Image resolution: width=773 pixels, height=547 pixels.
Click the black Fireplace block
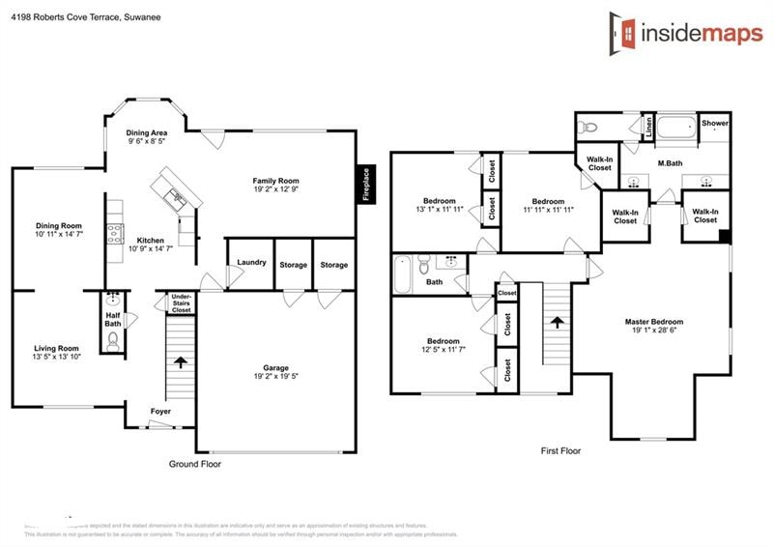click(x=366, y=185)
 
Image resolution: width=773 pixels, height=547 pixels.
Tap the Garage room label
click(x=276, y=367)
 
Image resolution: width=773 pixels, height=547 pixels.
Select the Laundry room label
click(x=251, y=262)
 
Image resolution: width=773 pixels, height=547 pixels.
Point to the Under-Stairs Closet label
click(x=181, y=303)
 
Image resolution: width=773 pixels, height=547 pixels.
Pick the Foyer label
click(x=160, y=412)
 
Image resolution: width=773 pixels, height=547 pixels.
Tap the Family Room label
click(x=276, y=181)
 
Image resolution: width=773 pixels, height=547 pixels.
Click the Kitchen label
click(x=150, y=240)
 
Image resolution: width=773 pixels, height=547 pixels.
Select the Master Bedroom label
click(x=654, y=322)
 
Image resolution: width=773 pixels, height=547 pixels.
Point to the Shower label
click(x=715, y=124)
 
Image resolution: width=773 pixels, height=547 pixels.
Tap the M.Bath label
click(x=670, y=163)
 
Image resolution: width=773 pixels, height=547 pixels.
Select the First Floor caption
click(x=560, y=450)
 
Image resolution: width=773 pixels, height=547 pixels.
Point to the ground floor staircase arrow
click(x=181, y=362)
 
